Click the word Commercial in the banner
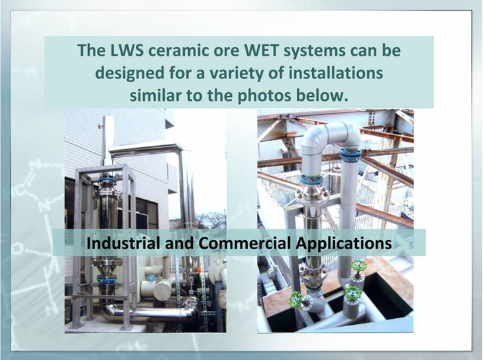[244, 243]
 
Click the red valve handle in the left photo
[100, 127]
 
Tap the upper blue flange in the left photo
[107, 178]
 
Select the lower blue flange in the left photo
[106, 281]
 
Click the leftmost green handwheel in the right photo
[295, 298]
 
